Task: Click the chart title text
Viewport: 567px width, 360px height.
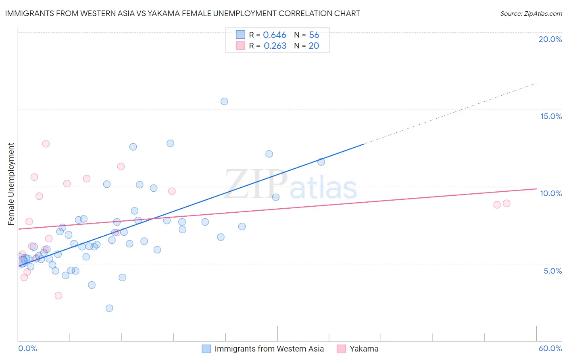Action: (x=182, y=13)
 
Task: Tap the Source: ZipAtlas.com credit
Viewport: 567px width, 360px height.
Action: (x=531, y=13)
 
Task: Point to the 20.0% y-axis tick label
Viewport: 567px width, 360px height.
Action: (x=550, y=39)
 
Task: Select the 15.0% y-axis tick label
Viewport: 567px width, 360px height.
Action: (x=551, y=116)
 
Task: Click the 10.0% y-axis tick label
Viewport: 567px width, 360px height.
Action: (x=551, y=193)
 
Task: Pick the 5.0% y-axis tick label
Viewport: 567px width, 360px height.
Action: (x=552, y=271)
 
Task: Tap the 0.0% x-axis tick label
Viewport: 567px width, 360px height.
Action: (x=27, y=348)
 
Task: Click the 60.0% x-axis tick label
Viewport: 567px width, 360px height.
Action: (x=550, y=348)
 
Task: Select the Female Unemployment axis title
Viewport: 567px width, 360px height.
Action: (x=11, y=184)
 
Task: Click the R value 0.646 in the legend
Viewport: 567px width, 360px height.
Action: (x=275, y=35)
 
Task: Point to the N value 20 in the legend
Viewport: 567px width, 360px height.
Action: (x=314, y=46)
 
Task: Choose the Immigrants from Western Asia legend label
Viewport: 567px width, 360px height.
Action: (x=269, y=349)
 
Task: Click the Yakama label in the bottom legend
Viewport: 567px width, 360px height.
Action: (x=364, y=349)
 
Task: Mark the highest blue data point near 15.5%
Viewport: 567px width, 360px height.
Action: (x=224, y=101)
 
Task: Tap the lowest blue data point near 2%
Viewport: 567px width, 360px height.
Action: (x=109, y=308)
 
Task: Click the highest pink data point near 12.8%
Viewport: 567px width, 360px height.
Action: (x=46, y=144)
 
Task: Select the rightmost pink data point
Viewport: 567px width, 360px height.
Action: (x=507, y=203)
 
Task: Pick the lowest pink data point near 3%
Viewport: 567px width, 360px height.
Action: (x=58, y=295)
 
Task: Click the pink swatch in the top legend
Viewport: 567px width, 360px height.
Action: (x=240, y=46)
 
